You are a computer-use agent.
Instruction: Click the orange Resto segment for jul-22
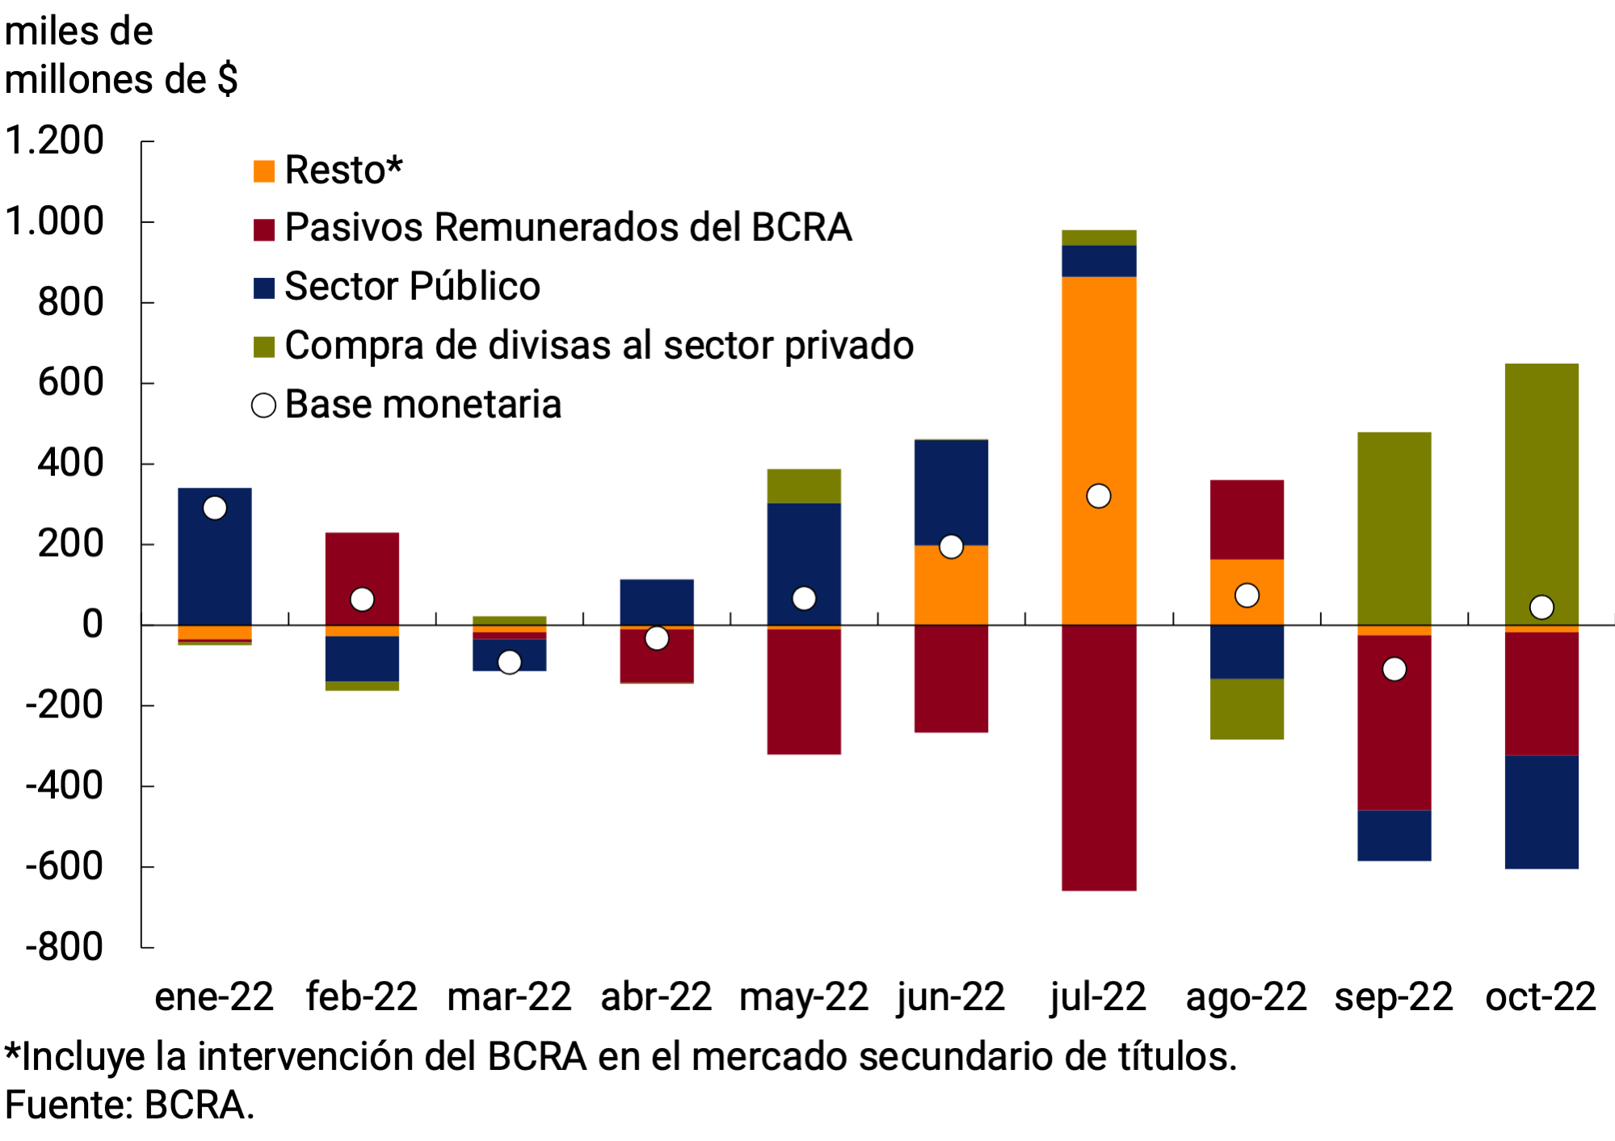click(1099, 404)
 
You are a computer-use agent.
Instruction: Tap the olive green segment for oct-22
click(1541, 485)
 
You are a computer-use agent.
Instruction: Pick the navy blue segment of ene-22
click(214, 566)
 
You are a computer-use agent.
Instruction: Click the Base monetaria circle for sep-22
click(1394, 669)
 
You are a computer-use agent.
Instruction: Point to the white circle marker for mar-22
click(509, 663)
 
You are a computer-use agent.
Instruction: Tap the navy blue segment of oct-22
click(1541, 811)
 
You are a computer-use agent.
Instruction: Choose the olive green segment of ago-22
click(1247, 709)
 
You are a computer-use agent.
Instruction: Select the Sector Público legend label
click(412, 287)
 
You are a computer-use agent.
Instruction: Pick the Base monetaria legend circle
click(264, 405)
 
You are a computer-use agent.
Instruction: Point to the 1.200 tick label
click(55, 141)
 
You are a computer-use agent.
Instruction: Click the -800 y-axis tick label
click(65, 946)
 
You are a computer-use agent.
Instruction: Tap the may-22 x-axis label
click(803, 996)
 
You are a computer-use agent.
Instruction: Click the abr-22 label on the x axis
click(656, 996)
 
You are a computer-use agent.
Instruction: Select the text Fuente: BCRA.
click(129, 1105)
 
